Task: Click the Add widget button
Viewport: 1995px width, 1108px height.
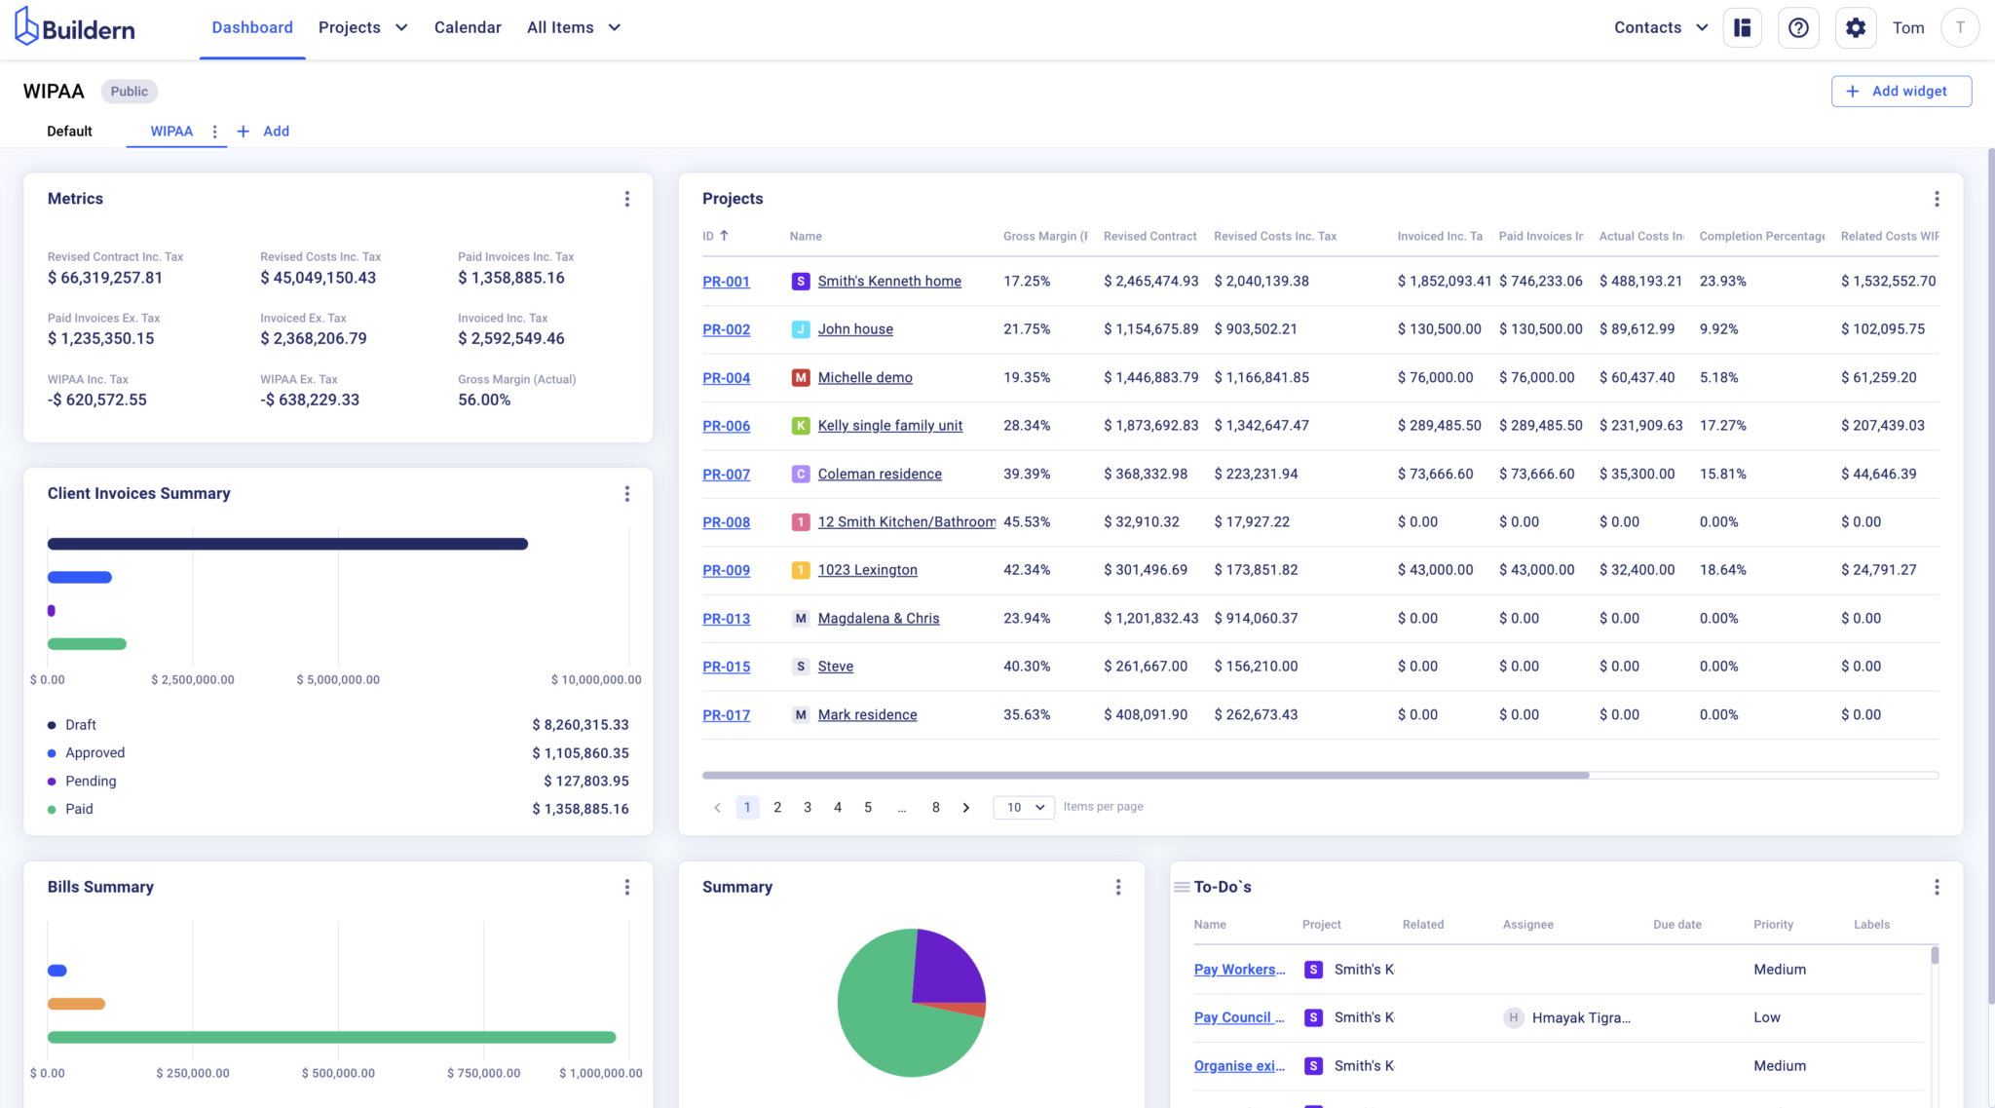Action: coord(1901,91)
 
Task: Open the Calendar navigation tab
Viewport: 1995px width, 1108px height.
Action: coord(468,27)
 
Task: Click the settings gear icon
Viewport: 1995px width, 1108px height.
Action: coord(1855,27)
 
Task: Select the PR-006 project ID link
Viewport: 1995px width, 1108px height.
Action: coord(726,426)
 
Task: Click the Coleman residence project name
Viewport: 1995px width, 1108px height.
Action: coord(879,474)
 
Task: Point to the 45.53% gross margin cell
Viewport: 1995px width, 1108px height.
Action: coord(1026,521)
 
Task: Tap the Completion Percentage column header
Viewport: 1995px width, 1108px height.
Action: coord(1761,236)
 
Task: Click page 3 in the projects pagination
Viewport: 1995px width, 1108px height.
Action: coord(807,807)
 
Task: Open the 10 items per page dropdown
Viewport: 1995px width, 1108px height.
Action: coord(1024,807)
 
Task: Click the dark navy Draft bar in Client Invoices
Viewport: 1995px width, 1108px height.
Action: coord(287,544)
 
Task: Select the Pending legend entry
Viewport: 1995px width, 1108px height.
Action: coord(90,781)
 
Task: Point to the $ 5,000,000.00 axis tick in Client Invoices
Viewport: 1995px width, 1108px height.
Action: coord(338,679)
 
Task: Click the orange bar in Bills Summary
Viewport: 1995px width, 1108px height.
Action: coord(76,1004)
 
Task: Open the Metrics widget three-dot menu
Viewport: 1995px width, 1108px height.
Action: coord(626,199)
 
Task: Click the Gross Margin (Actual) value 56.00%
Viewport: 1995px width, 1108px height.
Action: coord(484,400)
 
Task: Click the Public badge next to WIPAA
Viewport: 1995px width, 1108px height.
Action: coord(129,92)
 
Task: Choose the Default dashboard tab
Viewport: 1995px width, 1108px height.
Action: coord(69,131)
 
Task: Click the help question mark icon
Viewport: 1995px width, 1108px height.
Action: coord(1798,27)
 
